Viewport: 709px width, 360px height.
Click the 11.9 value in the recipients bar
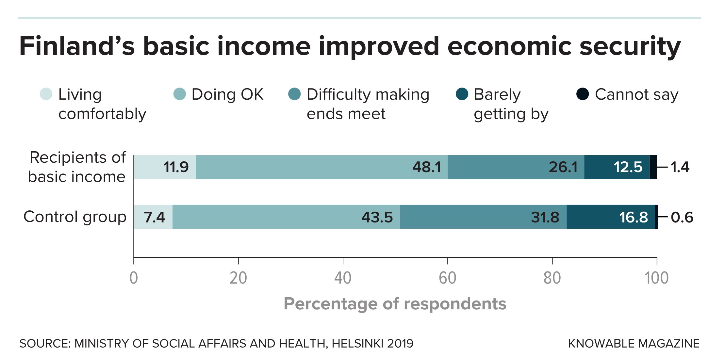coord(176,167)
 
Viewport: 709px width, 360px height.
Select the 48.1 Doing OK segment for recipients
coord(322,167)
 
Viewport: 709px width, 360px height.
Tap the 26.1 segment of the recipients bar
coord(516,167)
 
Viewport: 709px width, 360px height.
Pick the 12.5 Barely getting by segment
coord(617,167)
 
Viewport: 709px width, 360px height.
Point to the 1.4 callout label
coord(680,167)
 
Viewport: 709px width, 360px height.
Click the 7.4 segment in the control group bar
coord(154,217)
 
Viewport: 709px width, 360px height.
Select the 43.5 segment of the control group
coord(286,217)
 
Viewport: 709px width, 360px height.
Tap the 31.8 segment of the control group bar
coord(483,217)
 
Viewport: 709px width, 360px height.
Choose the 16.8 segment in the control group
coord(610,217)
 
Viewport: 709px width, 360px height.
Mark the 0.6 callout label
coord(682,217)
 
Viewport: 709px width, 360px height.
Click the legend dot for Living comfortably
coord(46,94)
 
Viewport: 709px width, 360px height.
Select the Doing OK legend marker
coord(179,94)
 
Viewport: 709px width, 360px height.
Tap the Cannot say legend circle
coord(583,94)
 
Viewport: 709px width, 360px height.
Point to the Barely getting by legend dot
coord(462,94)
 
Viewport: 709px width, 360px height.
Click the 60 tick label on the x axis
coord(447,278)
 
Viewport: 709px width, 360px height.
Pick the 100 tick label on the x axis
coord(656,278)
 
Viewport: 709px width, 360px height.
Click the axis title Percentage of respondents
coord(395,304)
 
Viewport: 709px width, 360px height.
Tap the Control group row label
coord(75,217)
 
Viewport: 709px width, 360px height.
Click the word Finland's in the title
coord(77,46)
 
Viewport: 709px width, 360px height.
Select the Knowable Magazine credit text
coord(634,344)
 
